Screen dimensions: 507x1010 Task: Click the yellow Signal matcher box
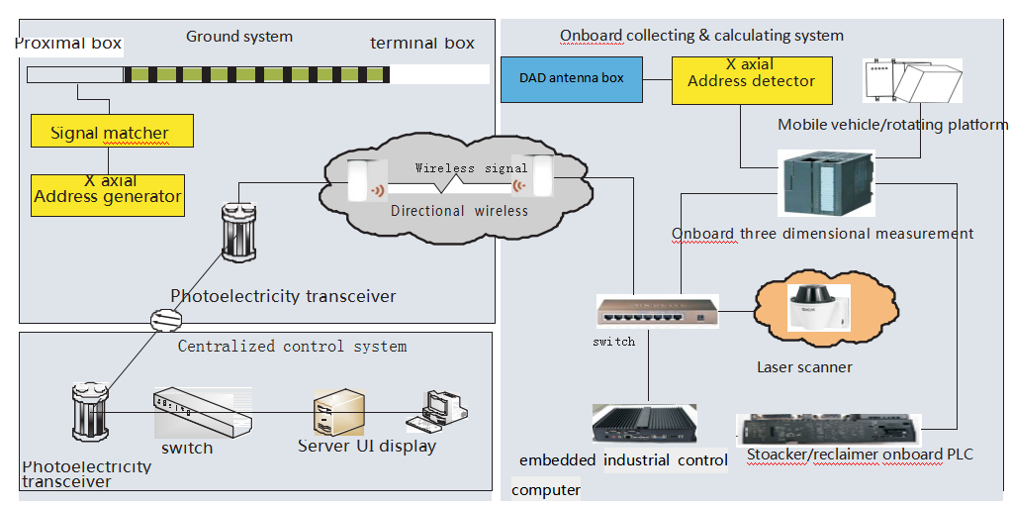tap(110, 132)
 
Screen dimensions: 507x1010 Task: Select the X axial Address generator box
tap(107, 188)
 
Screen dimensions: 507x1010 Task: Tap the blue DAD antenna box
tap(571, 78)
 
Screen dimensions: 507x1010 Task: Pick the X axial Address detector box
tap(751, 79)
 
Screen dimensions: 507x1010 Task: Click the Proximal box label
tap(68, 43)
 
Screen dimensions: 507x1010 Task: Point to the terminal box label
tap(422, 43)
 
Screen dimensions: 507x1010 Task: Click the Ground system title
tap(239, 37)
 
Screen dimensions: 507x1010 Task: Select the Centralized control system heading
tap(292, 346)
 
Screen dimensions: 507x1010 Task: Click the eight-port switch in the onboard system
tap(657, 312)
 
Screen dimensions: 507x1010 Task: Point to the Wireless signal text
tap(457, 168)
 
